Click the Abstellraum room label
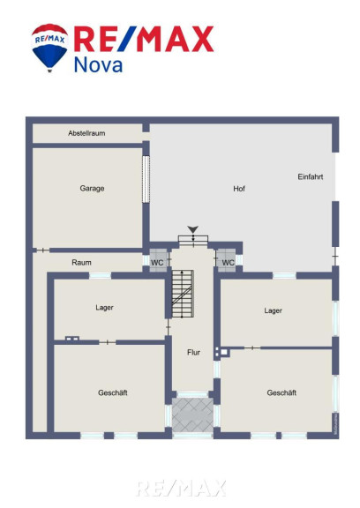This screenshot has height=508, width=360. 86,133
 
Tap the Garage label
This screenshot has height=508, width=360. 92,188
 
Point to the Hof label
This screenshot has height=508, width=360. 239,189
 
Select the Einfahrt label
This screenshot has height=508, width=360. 311,177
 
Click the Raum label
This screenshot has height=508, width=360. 81,263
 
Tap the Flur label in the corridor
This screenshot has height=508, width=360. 193,352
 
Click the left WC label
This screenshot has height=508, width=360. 157,263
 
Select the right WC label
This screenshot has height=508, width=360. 229,263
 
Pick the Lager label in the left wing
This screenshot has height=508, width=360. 104,308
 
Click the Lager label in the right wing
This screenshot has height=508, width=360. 273,310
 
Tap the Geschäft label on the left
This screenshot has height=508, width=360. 113,392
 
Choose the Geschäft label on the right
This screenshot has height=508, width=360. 281,392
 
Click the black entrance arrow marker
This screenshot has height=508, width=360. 193,229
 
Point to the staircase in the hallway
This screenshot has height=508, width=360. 183,294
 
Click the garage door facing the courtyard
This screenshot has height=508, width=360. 146,179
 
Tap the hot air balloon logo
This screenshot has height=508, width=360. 49,48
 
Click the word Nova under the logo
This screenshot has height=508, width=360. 98,64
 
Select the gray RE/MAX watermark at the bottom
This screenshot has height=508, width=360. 181,489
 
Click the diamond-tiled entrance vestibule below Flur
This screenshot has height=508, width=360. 192,415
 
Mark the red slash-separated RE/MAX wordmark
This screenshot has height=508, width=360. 144,39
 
